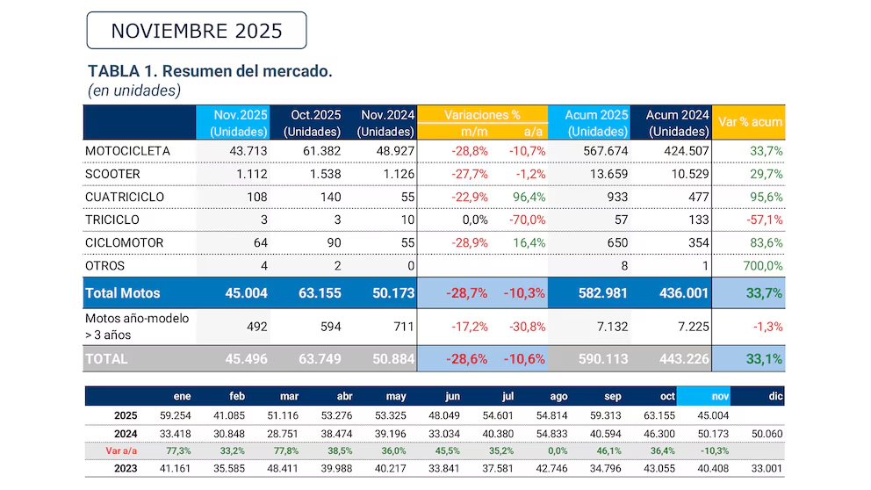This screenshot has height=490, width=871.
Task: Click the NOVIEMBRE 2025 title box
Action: click(196, 31)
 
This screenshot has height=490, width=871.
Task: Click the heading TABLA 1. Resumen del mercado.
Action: click(210, 71)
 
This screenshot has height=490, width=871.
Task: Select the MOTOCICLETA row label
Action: click(127, 151)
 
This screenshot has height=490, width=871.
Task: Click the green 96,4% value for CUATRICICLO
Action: click(528, 197)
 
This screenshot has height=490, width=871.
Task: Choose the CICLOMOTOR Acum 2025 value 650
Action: click(614, 242)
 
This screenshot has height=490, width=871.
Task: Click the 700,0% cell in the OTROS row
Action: click(764, 265)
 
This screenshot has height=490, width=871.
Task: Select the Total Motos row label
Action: click(122, 292)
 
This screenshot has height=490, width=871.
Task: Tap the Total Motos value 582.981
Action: click(601, 292)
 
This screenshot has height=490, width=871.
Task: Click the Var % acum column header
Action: click(749, 122)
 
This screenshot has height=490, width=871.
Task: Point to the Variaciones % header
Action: click(482, 114)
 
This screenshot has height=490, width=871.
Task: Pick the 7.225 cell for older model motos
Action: click(688, 327)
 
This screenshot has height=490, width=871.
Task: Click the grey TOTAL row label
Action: click(106, 358)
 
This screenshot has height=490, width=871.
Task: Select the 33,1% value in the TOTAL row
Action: click(764, 358)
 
